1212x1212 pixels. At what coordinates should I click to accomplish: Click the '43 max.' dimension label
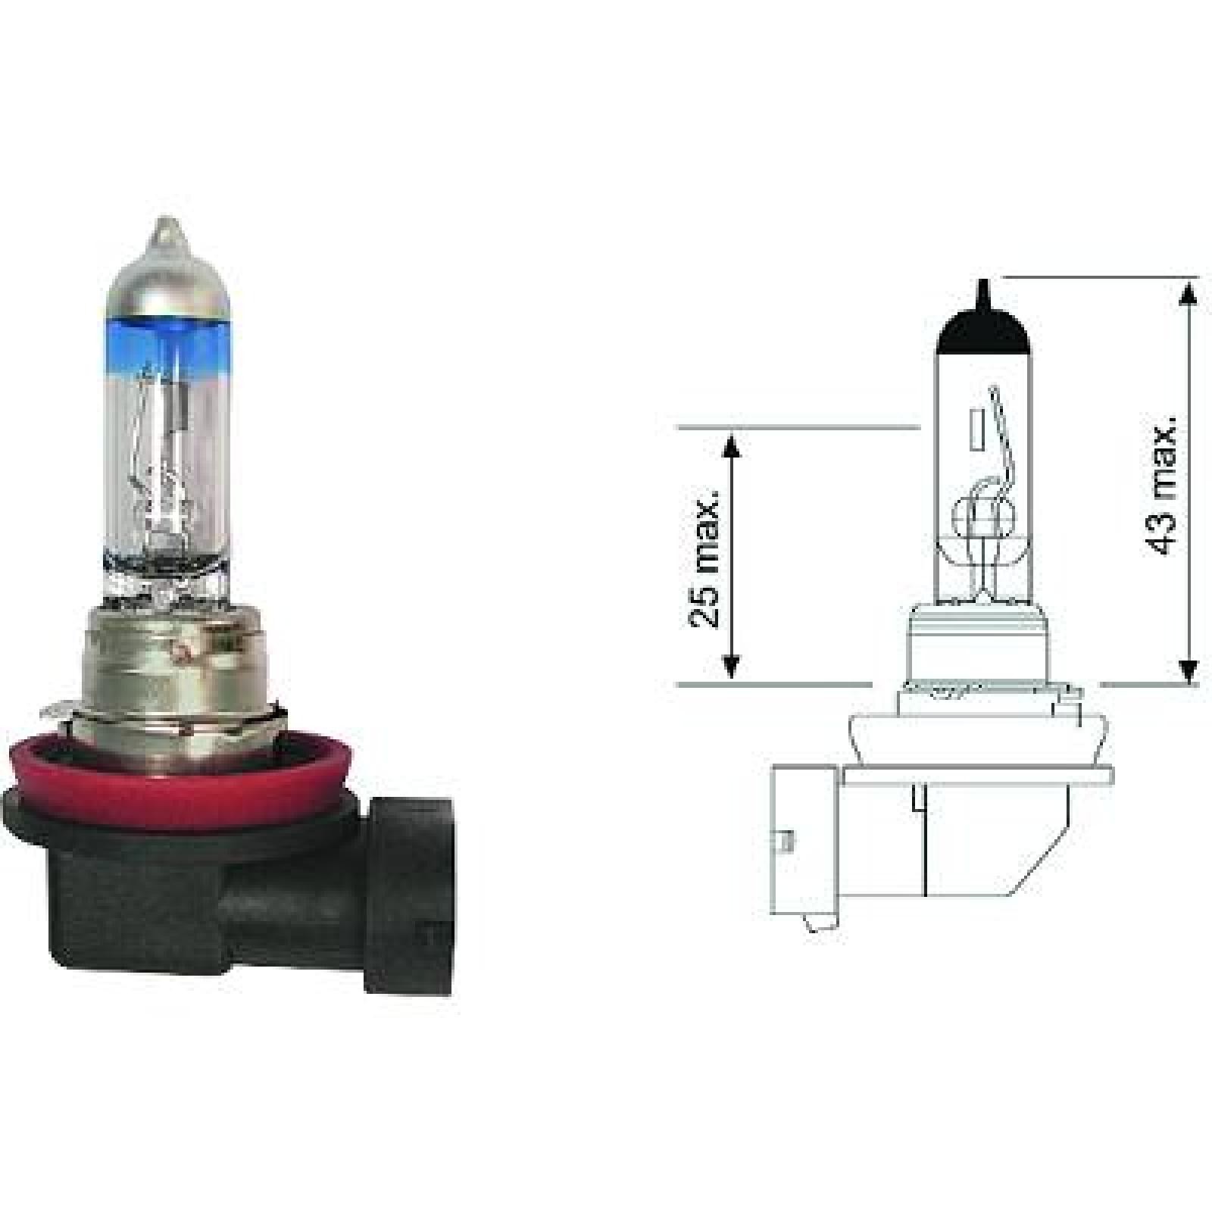pyautogui.click(x=1163, y=485)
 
